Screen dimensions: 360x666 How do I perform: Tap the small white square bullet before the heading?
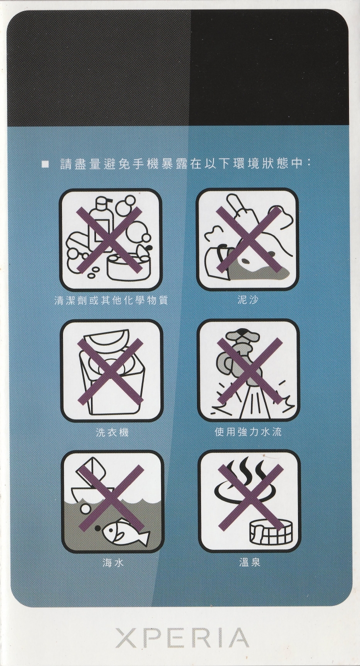tap(45, 164)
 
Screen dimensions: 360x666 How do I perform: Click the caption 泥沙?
tap(247, 300)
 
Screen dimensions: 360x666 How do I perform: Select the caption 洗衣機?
tap(112, 432)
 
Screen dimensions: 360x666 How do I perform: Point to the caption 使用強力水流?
tap(248, 432)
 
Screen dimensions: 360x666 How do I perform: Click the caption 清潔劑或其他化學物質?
tap(111, 300)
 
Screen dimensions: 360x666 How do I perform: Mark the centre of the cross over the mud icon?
tap(248, 240)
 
